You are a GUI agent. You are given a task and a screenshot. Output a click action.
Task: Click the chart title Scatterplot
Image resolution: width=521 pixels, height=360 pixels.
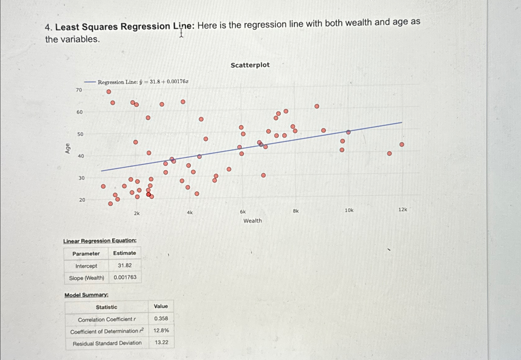250,65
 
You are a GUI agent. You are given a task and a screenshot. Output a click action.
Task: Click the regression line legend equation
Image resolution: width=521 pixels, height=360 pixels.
143,82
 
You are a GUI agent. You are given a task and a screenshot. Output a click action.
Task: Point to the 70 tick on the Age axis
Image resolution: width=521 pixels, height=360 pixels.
79,90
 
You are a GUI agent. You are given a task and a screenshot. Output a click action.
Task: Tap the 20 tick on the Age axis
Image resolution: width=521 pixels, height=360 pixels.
82,200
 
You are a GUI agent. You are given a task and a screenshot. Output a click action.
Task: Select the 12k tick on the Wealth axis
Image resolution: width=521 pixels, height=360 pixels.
403,210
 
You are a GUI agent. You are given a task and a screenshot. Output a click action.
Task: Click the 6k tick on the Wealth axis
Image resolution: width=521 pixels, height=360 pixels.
243,212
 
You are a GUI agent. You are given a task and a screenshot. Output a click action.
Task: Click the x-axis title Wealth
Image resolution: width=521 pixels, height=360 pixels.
252,221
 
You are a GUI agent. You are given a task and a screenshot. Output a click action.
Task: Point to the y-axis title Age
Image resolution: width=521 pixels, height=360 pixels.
68,149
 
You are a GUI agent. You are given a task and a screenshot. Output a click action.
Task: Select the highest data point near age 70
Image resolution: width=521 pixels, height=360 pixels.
109,92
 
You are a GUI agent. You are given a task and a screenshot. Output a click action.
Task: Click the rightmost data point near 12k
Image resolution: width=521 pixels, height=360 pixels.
402,144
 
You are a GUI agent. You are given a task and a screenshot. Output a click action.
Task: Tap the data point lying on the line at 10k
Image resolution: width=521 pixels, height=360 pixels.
348,132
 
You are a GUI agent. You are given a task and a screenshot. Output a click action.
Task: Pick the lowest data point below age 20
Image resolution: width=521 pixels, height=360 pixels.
110,204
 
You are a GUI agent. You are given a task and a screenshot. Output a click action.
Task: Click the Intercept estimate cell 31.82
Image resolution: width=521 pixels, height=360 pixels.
125,265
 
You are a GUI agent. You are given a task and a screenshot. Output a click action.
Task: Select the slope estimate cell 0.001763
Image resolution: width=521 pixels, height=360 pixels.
125,277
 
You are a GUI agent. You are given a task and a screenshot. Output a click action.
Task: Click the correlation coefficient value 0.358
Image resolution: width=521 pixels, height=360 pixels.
161,318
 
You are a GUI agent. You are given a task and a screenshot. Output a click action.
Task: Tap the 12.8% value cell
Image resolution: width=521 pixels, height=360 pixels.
161,330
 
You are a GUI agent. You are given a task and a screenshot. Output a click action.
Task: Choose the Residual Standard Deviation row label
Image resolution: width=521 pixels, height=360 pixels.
107,343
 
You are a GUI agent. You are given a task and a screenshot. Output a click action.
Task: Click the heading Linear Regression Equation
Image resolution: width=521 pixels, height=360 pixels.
100,241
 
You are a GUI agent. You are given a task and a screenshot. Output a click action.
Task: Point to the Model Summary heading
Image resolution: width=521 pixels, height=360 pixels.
86,295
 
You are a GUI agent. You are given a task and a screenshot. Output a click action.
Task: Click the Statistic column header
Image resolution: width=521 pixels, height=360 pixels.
106,307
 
